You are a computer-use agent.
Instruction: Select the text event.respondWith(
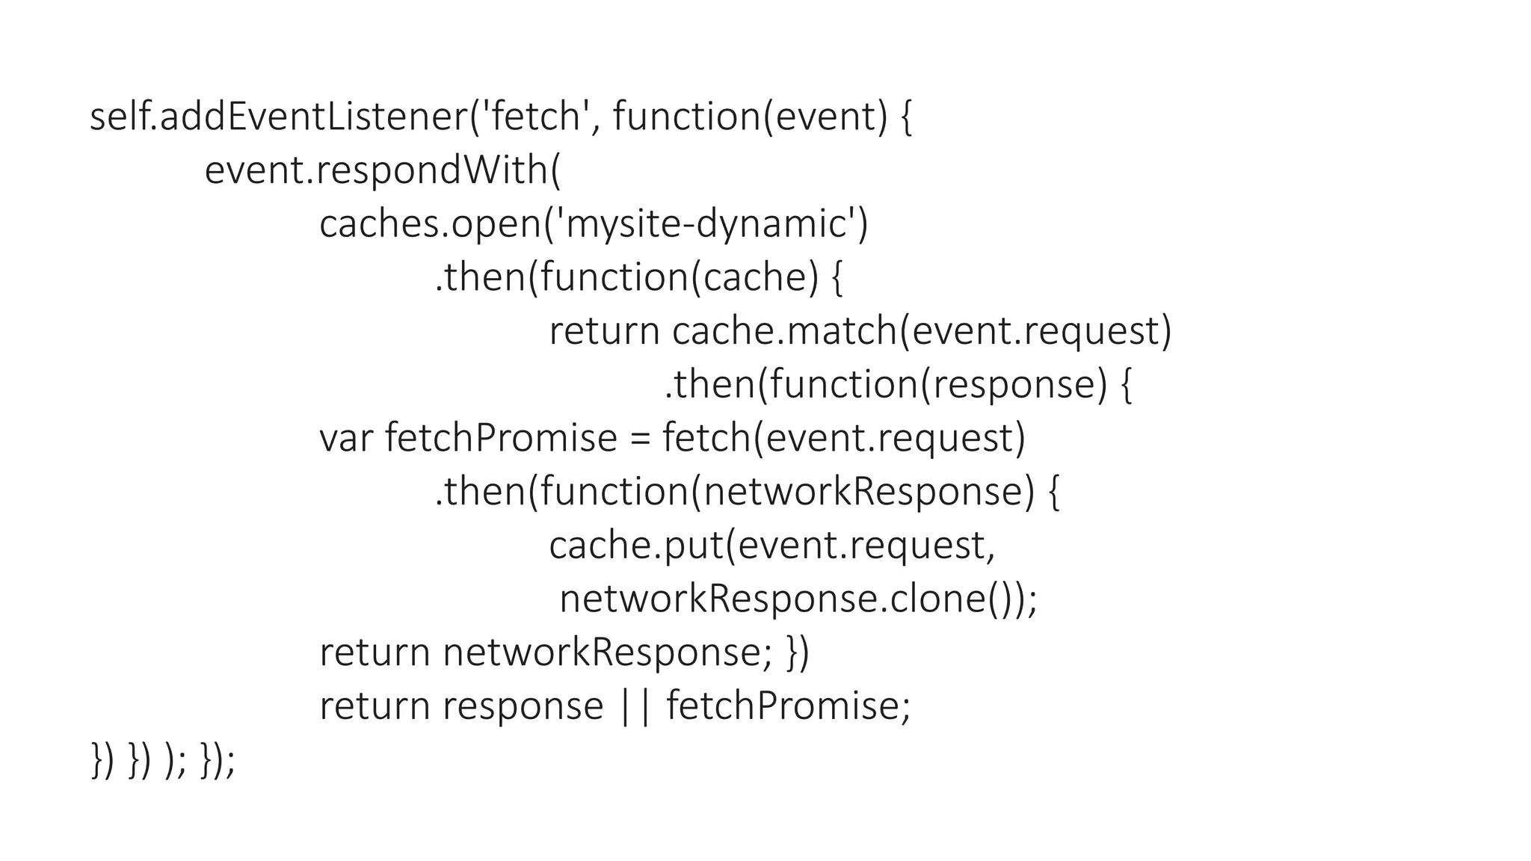pyautogui.click(x=382, y=171)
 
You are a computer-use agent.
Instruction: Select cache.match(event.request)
pyautogui.click(x=921, y=332)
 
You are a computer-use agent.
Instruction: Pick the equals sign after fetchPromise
pyautogui.click(x=640, y=439)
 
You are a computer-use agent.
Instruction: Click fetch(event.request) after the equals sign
pyautogui.click(x=843, y=439)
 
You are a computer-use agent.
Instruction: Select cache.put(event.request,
pyautogui.click(x=772, y=546)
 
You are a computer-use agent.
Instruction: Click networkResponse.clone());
pyautogui.click(x=798, y=599)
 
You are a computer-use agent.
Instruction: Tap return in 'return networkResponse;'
pyautogui.click(x=375, y=653)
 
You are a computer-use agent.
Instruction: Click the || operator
pyautogui.click(x=635, y=707)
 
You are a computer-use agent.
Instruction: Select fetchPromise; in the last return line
pyautogui.click(x=788, y=707)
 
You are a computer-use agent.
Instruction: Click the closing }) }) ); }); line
pyautogui.click(x=163, y=761)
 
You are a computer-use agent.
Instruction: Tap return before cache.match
pyautogui.click(x=604, y=332)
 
